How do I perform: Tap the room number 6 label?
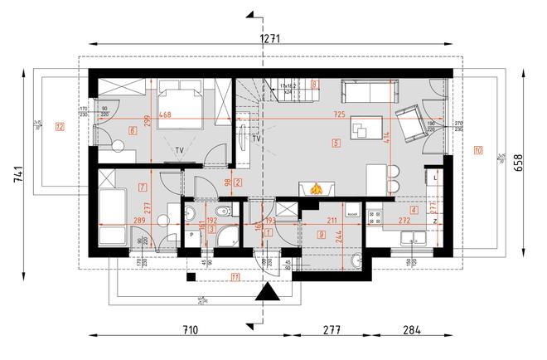[132, 130]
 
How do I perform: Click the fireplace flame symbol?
[316, 189]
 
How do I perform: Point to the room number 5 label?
[335, 143]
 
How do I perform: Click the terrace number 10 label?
[478, 150]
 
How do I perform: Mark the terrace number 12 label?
[59, 127]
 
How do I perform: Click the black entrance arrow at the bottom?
[267, 293]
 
